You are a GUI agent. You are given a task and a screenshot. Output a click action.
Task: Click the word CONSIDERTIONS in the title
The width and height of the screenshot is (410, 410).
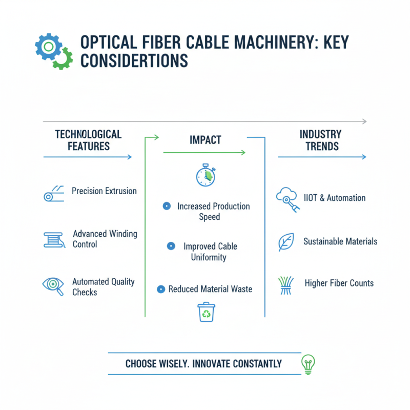click(134, 61)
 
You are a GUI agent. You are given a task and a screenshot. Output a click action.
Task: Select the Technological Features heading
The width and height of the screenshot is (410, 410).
click(88, 140)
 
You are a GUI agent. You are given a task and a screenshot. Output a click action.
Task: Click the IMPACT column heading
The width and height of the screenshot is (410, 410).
click(204, 140)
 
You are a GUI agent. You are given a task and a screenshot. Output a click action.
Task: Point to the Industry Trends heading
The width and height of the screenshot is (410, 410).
click(320, 140)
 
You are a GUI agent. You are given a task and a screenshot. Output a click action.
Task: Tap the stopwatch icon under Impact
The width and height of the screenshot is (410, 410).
click(206, 176)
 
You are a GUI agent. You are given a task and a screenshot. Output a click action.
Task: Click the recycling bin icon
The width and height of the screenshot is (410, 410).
click(206, 312)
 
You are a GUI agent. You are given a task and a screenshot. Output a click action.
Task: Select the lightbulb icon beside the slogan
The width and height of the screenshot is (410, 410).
click(308, 363)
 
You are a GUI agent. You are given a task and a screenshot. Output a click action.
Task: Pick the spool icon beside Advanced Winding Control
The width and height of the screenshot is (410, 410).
click(54, 239)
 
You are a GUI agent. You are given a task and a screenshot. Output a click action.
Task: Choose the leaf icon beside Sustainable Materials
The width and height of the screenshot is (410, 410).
click(285, 241)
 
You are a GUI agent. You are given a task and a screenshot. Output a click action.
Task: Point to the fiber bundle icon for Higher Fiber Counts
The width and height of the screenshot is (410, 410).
click(285, 285)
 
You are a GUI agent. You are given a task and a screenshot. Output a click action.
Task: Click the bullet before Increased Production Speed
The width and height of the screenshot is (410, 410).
click(166, 206)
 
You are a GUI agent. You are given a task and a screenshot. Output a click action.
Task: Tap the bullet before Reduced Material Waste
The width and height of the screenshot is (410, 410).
click(161, 289)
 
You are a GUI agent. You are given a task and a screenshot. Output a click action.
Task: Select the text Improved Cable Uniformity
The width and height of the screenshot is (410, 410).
click(210, 252)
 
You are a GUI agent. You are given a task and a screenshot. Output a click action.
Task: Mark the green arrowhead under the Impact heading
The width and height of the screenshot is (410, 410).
click(243, 152)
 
